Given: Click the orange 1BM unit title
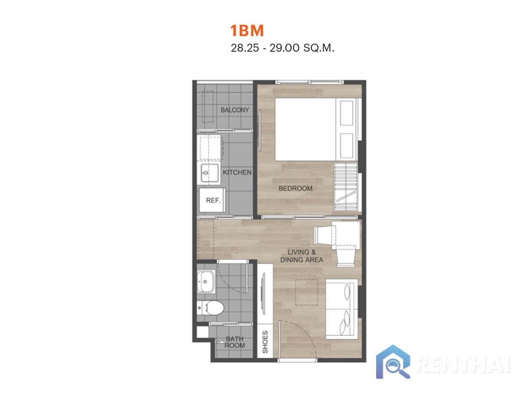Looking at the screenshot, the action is tap(247, 30).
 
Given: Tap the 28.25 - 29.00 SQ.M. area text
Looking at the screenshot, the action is tap(282, 48).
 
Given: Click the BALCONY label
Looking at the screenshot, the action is tap(235, 110).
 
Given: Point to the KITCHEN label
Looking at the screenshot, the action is tap(237, 172).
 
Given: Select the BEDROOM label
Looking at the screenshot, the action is tap(295, 188).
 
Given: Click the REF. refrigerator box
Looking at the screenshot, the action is tap(212, 200).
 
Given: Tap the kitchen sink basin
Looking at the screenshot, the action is tap(210, 173).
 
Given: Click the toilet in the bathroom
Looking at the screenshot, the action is tap(211, 307).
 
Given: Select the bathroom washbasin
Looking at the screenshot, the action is tap(206, 281).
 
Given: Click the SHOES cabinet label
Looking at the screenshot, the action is tap(265, 342).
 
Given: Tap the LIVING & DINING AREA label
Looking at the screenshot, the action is tap(302, 256).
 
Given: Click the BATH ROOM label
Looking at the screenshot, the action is tap(235, 342).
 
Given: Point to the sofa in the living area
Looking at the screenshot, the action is tap(341, 309).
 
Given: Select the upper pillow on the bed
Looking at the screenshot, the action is tap(347, 113).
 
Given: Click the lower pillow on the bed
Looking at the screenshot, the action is tap(347, 146).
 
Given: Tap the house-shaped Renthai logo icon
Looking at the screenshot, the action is tap(393, 362).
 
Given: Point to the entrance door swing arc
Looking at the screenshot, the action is tap(306, 333).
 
